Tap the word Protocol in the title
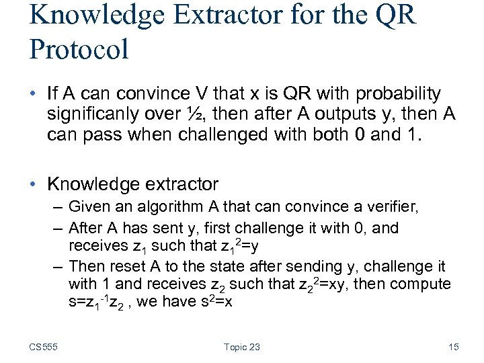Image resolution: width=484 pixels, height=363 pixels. [x=79, y=49]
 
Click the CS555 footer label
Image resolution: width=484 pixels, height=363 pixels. [x=43, y=347]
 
